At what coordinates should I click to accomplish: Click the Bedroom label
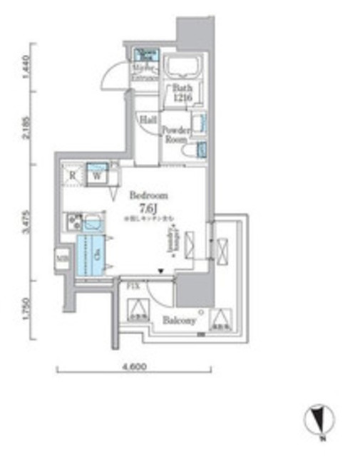point(148,195)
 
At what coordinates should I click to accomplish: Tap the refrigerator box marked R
point(73,175)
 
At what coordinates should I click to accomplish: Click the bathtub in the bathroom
point(182,68)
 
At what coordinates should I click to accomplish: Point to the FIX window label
point(132,287)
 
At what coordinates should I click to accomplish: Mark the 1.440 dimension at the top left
point(26,68)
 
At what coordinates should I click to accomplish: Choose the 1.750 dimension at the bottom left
point(26,309)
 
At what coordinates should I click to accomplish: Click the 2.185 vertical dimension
point(26,128)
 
